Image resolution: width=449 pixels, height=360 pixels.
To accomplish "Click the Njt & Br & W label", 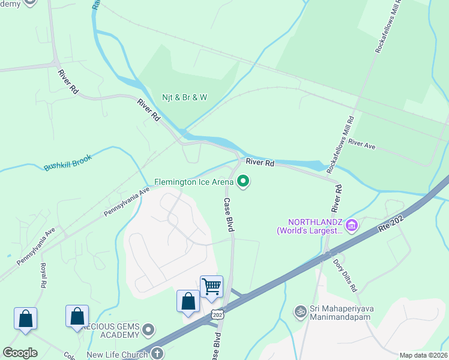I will coord(184,97).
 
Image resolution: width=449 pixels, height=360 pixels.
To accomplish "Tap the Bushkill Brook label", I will coord(67,162).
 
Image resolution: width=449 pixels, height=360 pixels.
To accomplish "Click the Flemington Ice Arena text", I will coord(194,181).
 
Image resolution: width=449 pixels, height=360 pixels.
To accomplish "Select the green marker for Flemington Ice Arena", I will coord(243,181).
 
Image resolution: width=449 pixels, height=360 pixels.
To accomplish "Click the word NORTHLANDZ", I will coord(309,222).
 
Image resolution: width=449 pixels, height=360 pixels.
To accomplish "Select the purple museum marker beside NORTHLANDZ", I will coord(352,226).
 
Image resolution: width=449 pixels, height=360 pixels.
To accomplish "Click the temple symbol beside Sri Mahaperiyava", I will coord(300,311).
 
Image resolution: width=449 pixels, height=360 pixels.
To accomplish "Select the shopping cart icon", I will coord(211,286).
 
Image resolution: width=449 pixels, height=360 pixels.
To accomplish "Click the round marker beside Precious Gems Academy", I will coord(149,330).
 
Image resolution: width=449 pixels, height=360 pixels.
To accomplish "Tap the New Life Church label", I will coord(117,355).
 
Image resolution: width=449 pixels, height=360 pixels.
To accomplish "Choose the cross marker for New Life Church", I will coord(157,354).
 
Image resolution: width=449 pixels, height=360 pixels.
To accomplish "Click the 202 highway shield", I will coord(217,314).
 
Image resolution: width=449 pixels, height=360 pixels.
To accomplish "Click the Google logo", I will coord(20,353).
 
